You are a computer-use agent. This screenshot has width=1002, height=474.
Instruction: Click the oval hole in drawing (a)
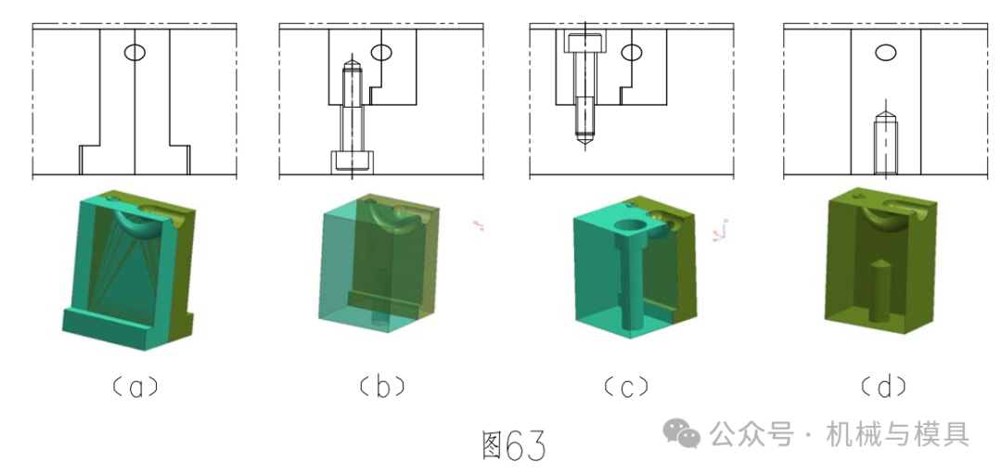(135, 52)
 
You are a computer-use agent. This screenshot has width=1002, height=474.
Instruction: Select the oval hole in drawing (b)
(381, 52)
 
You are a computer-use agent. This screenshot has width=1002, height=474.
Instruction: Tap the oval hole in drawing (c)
(632, 52)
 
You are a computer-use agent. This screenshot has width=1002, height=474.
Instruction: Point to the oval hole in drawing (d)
(886, 52)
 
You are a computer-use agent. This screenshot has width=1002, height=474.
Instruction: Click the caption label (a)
(135, 387)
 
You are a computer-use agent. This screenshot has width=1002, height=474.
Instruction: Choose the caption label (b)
(382, 387)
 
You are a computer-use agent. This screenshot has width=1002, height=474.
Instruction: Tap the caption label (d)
(884, 387)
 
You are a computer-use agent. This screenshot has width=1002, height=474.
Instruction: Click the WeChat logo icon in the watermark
(681, 433)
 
